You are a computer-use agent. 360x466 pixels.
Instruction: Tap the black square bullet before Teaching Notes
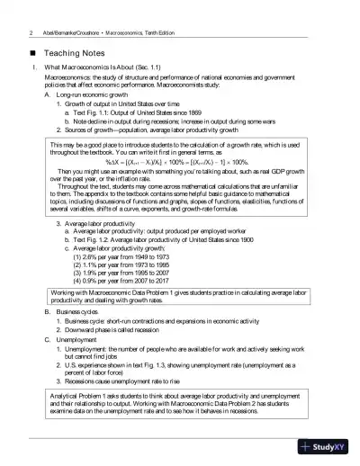click(33, 53)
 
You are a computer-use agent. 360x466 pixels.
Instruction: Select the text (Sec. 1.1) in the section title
click(167, 68)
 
